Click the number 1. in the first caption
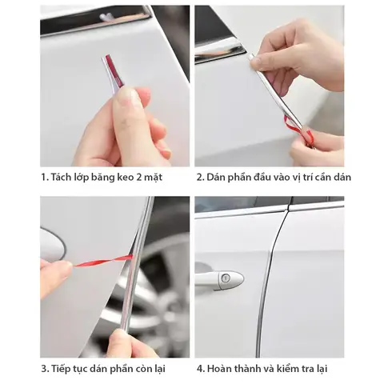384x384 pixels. click(x=44, y=177)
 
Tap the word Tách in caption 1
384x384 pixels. click(x=62, y=177)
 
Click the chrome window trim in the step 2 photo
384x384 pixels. click(x=219, y=50)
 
